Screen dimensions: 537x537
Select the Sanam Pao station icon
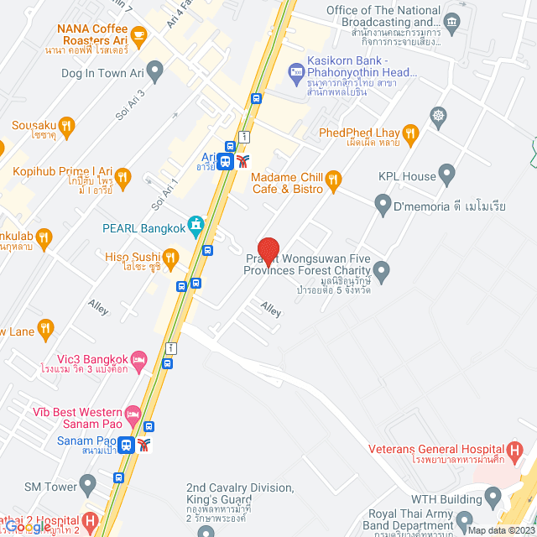126,445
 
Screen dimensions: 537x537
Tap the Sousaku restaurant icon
68,127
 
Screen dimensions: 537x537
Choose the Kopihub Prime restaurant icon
123,177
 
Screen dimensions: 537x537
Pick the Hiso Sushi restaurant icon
170,258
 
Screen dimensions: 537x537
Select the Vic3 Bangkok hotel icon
139,359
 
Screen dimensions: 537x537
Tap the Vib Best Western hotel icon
133,414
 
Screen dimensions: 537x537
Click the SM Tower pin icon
88,484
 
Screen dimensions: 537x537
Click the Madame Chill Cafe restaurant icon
333,179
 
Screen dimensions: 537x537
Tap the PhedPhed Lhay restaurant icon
410,133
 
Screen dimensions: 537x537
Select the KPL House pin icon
446,176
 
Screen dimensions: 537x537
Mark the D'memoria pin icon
383,202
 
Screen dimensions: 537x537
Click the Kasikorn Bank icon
295,73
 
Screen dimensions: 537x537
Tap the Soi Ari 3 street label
132,103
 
